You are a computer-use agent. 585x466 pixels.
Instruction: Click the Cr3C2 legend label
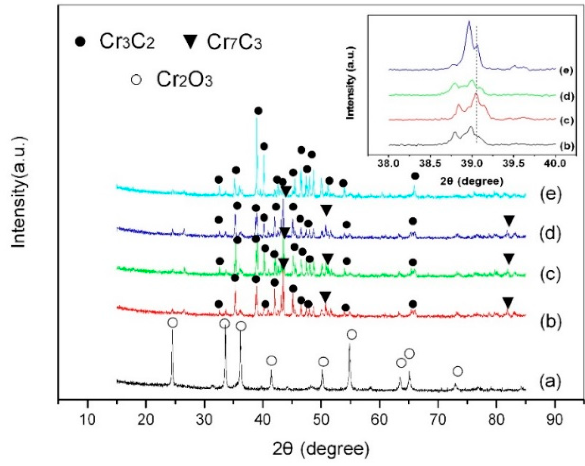(127, 42)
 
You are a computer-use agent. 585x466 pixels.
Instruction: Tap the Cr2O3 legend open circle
(136, 80)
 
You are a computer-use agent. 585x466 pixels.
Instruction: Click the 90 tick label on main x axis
(554, 419)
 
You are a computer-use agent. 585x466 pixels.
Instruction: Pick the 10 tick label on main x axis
(87, 419)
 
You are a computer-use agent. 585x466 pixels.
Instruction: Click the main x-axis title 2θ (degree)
(320, 449)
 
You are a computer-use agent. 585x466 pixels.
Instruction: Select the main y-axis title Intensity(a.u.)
(19, 193)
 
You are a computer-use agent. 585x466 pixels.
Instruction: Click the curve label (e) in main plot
(550, 194)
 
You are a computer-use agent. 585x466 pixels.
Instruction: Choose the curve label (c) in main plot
(550, 274)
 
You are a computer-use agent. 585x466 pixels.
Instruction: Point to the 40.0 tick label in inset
(555, 163)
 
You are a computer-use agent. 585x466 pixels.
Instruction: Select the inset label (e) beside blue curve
(566, 71)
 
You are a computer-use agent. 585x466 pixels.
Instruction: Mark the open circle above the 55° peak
(352, 334)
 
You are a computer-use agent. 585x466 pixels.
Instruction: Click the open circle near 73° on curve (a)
(458, 371)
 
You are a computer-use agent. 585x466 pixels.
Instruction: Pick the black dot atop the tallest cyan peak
(258, 111)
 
